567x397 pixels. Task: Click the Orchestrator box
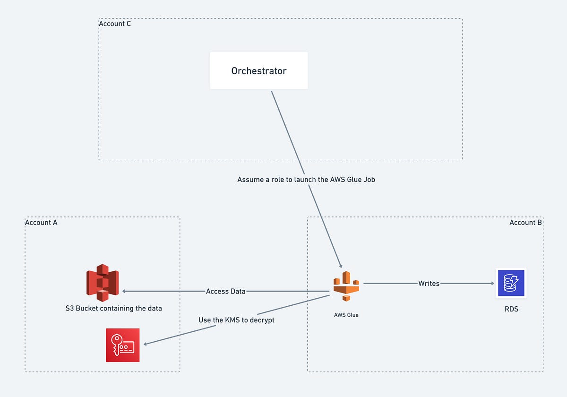[x=259, y=71]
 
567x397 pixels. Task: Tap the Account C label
[x=115, y=24]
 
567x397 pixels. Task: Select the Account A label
[x=41, y=222]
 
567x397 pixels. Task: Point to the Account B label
[x=525, y=222]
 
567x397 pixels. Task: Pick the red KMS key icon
[x=123, y=345]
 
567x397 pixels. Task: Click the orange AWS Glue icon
[x=346, y=286]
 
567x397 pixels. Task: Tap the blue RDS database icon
[x=511, y=283]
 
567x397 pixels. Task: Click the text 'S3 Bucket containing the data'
[x=113, y=308]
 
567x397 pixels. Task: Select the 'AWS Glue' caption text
[x=346, y=315]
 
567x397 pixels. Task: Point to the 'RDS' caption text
[x=511, y=310]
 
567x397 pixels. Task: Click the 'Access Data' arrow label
[x=225, y=291]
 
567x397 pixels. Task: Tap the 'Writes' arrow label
[x=429, y=284]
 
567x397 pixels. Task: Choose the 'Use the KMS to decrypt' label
[x=236, y=320]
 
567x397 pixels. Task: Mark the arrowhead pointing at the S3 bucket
[x=125, y=291]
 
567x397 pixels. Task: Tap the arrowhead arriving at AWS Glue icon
[x=340, y=266]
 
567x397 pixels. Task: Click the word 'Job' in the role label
[x=369, y=180]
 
